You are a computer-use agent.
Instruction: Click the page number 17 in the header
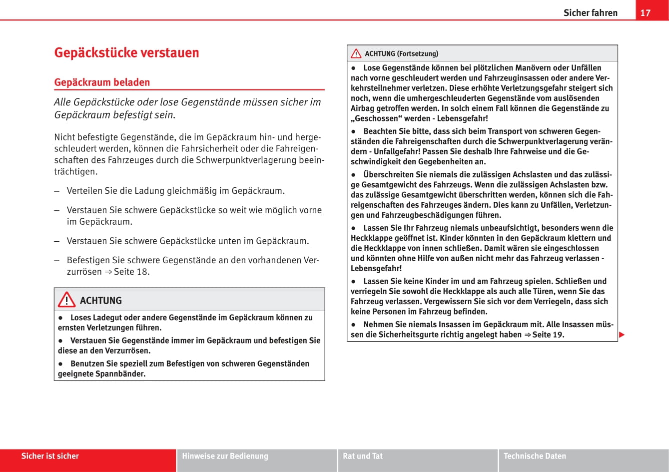click(646, 12)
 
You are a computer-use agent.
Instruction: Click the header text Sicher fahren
click(590, 13)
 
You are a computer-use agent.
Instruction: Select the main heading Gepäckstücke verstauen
click(126, 52)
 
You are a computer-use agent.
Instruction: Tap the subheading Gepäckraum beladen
click(102, 82)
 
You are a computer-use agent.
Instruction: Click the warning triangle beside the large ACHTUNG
click(66, 300)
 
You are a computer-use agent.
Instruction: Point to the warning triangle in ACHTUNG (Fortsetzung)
click(356, 53)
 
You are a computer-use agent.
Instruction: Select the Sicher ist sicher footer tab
click(50, 456)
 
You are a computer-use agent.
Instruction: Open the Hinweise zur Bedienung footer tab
click(225, 456)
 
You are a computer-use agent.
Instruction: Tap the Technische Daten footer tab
click(535, 456)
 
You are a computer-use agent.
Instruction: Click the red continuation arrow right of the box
click(622, 334)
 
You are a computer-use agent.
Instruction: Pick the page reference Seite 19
click(548, 335)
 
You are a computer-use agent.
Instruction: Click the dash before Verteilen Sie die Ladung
click(57, 191)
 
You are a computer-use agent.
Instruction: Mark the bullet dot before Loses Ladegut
click(60, 318)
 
